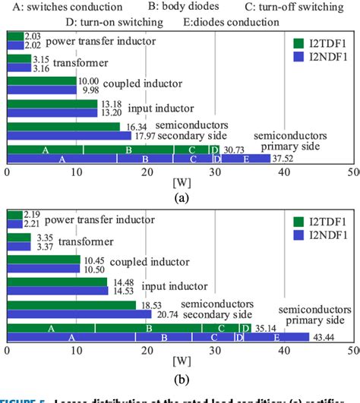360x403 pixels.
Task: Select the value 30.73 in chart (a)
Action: pyautogui.click(x=233, y=150)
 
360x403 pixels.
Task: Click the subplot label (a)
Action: pyautogui.click(x=180, y=197)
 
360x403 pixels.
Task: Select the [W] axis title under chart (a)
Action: pyautogui.click(x=180, y=183)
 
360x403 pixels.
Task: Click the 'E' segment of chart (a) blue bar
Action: pyautogui.click(x=246, y=159)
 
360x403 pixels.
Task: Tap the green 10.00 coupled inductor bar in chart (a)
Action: pyautogui.click(x=42, y=80)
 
